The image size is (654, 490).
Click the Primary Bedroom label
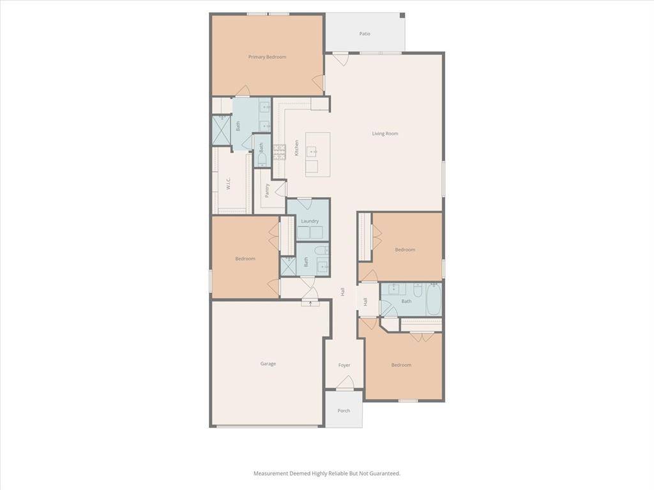point(267,57)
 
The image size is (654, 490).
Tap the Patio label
point(365,34)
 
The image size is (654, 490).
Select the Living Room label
point(385,134)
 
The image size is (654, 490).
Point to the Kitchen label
point(296,148)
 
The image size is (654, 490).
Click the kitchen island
point(317,154)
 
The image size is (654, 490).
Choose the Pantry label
point(268,191)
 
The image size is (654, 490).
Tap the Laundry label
point(310,221)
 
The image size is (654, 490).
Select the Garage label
point(268,364)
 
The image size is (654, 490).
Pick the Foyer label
point(344,366)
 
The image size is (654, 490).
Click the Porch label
point(344,411)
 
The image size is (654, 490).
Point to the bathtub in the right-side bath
point(434,300)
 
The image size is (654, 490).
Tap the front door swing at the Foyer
point(345,383)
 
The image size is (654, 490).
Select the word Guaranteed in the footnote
point(384,473)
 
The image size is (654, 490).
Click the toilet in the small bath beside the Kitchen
point(262,159)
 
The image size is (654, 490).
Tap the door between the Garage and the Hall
point(311,295)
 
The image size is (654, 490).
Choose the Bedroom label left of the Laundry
point(245,258)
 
